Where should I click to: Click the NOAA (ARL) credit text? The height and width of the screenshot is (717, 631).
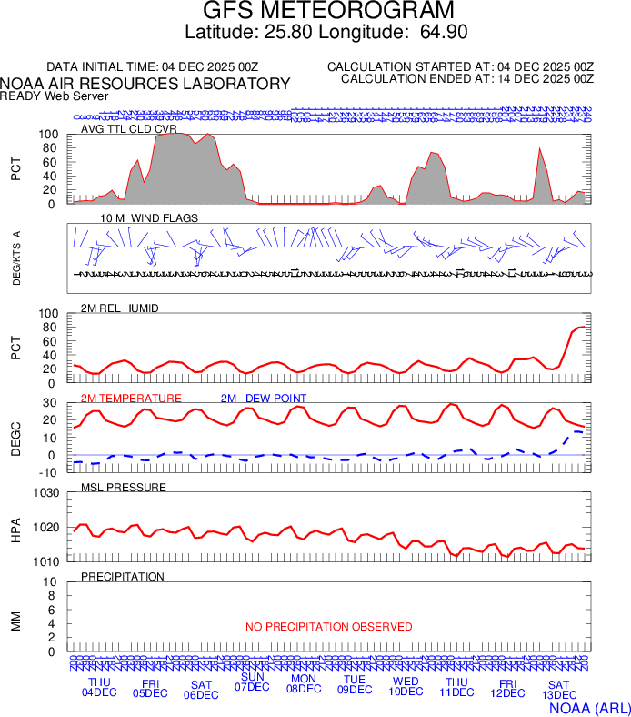coord(588,707)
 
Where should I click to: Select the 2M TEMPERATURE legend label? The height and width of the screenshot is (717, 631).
coord(131,399)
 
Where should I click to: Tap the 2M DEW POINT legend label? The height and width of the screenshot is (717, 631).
coord(263,399)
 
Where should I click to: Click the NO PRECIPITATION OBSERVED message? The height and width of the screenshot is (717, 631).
coord(328,627)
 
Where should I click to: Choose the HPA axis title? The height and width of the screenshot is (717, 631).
coord(15,529)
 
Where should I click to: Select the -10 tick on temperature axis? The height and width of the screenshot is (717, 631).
coord(50,472)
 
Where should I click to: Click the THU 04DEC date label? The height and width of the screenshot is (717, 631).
coord(99,688)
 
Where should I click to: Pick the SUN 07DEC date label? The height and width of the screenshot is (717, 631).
coord(252,682)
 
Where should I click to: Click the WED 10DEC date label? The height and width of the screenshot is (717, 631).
coord(406,686)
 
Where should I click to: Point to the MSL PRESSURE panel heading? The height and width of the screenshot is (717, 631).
coord(124,488)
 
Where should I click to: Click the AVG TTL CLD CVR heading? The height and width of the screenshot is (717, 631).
coord(128,128)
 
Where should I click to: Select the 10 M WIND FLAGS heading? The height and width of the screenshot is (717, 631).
coord(149,218)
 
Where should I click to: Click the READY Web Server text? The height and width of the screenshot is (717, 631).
coord(55,96)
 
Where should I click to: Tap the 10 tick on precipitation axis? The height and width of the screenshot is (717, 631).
coord(50,582)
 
